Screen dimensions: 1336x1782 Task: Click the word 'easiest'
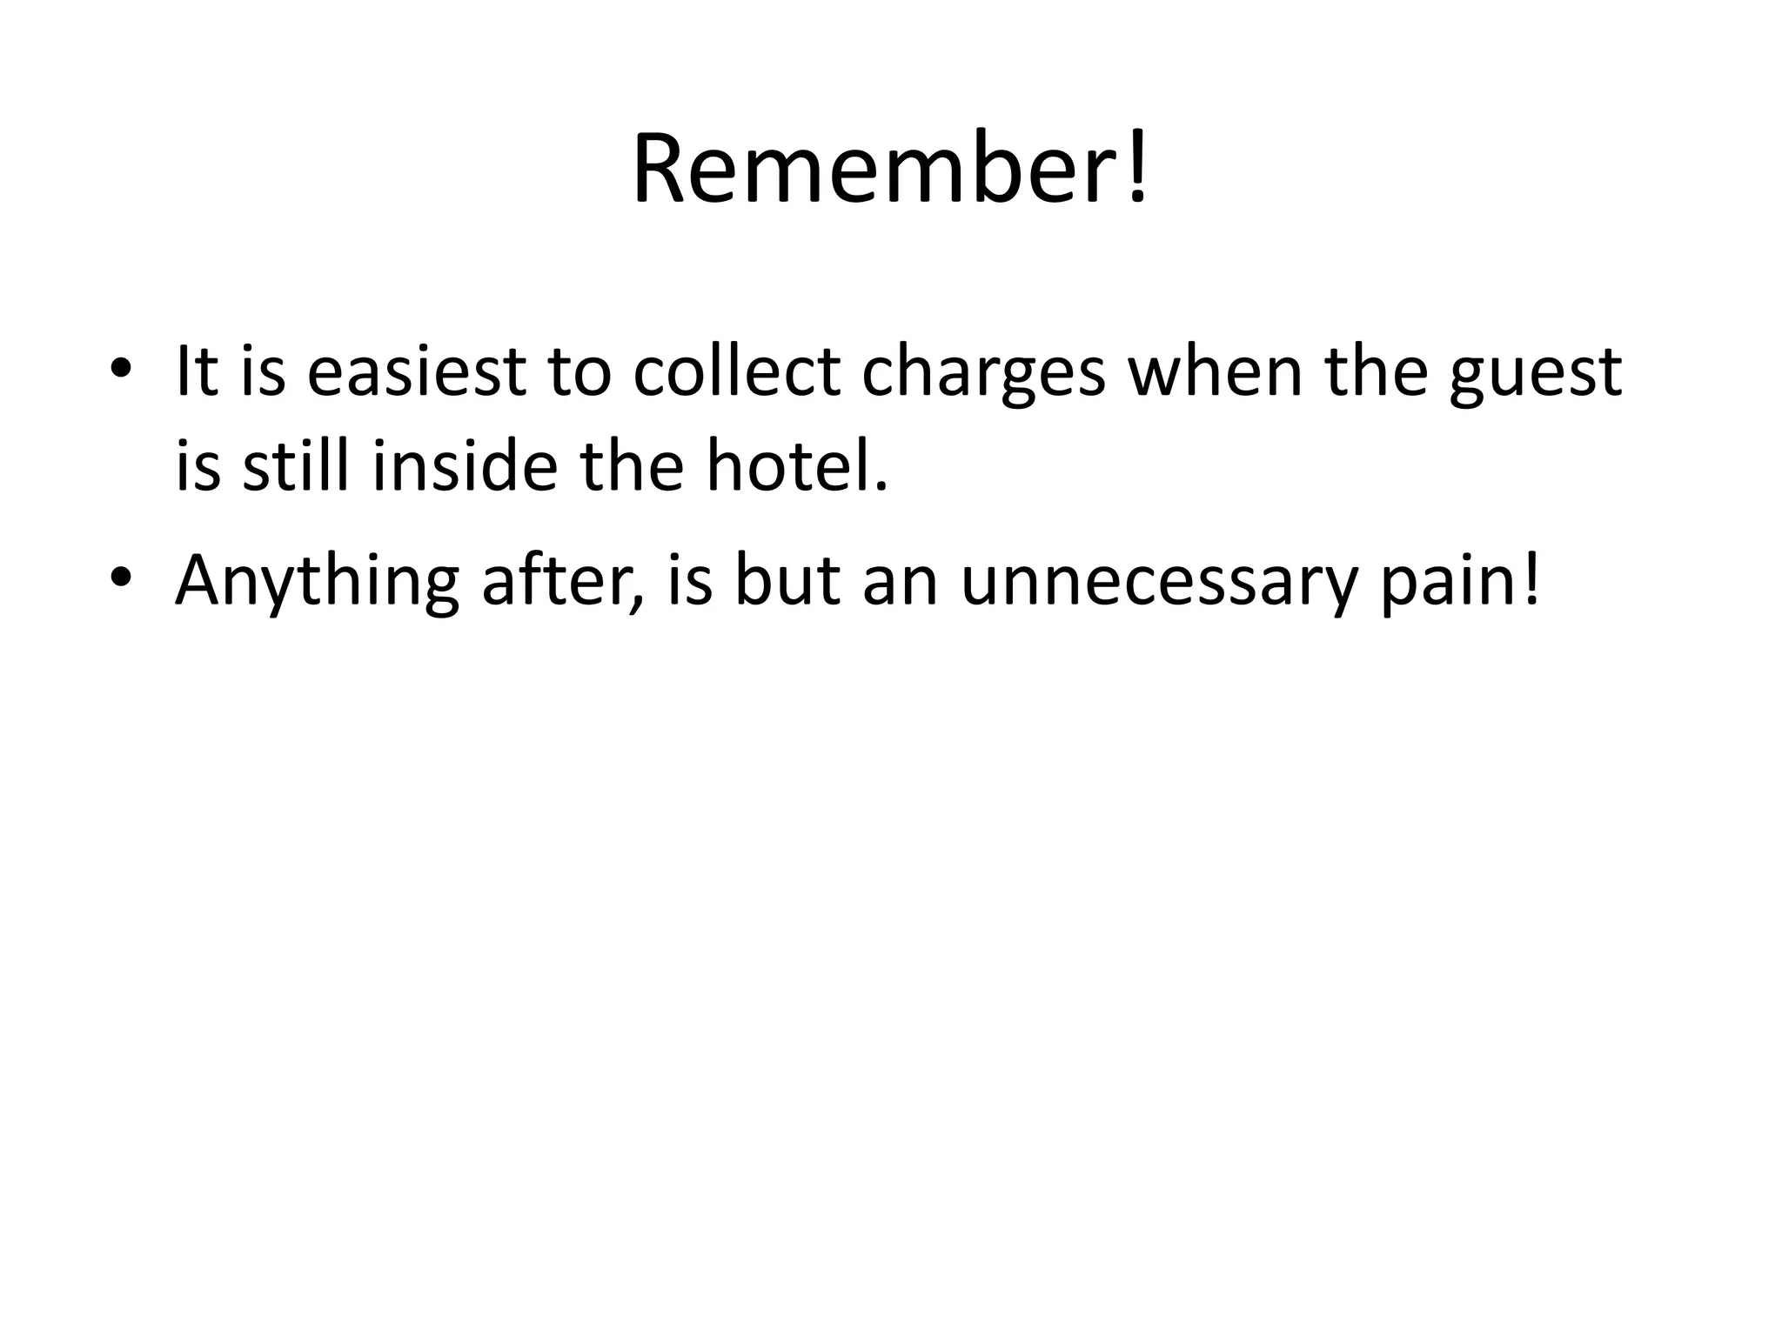pos(416,372)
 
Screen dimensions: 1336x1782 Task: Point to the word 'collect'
pos(736,372)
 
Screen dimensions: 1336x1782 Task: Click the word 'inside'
pos(465,464)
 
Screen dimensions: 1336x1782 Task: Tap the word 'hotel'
pos(788,464)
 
